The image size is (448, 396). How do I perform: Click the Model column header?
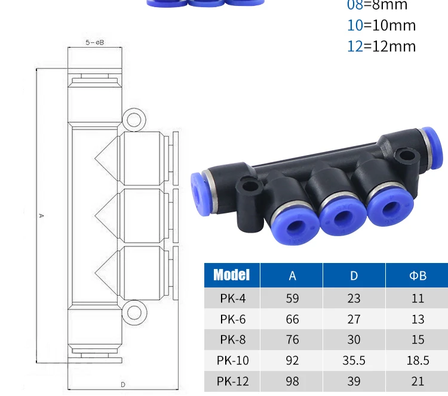tap(231, 275)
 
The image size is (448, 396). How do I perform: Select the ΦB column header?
tap(418, 276)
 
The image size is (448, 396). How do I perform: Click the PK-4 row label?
tap(233, 298)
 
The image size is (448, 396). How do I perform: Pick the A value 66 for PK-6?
tap(292, 319)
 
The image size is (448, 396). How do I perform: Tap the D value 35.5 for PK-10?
tap(354, 360)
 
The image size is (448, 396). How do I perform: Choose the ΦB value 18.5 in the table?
tap(418, 360)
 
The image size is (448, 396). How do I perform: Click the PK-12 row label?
tap(233, 381)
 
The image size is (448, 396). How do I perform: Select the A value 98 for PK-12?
tap(292, 381)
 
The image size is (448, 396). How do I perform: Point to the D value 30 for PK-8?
tap(354, 339)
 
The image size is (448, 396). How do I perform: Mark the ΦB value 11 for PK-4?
tap(418, 298)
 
